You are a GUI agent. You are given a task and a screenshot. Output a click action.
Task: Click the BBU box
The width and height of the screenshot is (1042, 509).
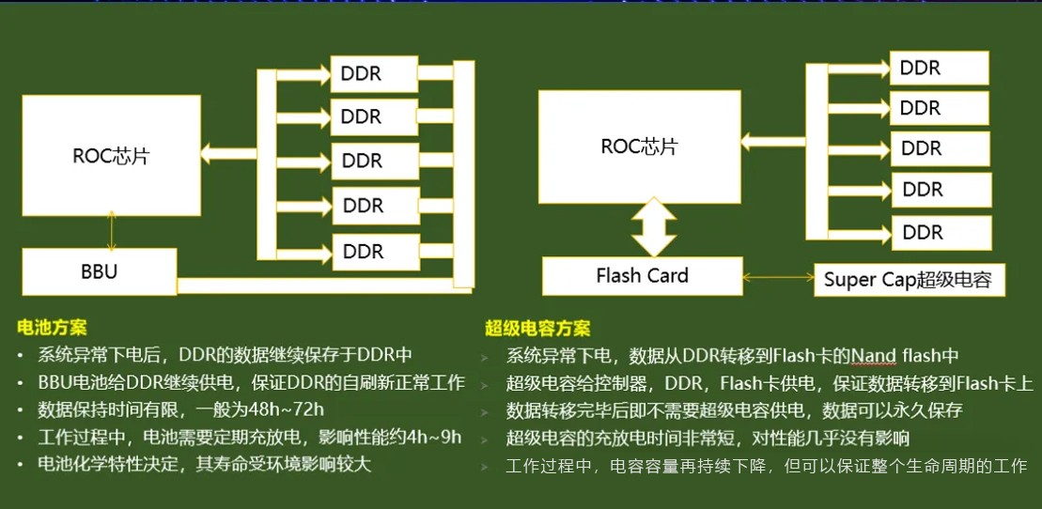click(x=98, y=272)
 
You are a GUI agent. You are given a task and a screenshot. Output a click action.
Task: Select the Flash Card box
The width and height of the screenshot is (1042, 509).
click(x=642, y=276)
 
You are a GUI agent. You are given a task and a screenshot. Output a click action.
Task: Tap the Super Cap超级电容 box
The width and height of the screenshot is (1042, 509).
click(x=908, y=279)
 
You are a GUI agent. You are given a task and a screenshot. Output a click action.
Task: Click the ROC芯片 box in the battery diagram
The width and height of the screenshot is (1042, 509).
click(x=111, y=156)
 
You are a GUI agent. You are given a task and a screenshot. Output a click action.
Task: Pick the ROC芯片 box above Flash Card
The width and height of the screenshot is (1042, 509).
click(x=639, y=147)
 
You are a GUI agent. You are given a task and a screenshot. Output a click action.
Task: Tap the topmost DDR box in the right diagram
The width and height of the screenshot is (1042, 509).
click(x=939, y=69)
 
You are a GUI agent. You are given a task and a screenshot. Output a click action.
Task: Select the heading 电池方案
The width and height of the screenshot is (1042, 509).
click(x=52, y=328)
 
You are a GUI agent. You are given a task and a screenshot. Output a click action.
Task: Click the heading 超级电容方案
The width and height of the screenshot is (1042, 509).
click(x=537, y=329)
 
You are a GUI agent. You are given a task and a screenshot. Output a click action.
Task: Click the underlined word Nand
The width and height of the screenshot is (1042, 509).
click(x=874, y=356)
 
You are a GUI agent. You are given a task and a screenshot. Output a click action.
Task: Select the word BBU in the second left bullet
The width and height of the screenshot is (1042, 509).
click(x=56, y=383)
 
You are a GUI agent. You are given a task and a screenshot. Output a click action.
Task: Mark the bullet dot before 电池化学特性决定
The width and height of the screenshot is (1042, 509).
click(x=21, y=465)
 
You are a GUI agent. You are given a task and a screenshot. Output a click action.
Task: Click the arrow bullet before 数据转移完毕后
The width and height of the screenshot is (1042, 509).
click(x=486, y=411)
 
